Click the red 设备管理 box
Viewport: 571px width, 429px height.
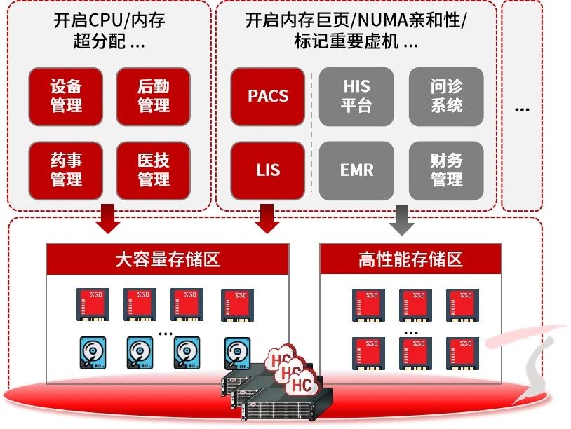coord(67,96)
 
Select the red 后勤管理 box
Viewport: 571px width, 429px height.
coord(154,96)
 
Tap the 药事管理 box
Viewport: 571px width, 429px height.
coord(67,170)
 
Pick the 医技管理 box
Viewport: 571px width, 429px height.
coord(154,170)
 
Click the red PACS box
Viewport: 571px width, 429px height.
coord(268,96)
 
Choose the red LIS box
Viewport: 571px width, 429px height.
coord(268,170)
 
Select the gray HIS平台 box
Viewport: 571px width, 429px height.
coord(356,96)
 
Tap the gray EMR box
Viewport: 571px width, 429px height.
coord(356,170)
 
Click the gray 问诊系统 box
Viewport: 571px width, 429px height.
coord(446,96)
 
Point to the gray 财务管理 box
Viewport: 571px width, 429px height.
coord(446,170)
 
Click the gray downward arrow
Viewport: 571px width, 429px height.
coord(402,220)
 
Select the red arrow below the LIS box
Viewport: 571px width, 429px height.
coord(267,219)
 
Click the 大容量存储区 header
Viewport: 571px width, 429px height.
coord(168,259)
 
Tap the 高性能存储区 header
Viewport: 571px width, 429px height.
coord(410,259)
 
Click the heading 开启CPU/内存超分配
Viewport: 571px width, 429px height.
coord(109,31)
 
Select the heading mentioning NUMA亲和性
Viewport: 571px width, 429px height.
coord(356,31)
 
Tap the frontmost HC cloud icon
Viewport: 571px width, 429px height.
coord(302,385)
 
